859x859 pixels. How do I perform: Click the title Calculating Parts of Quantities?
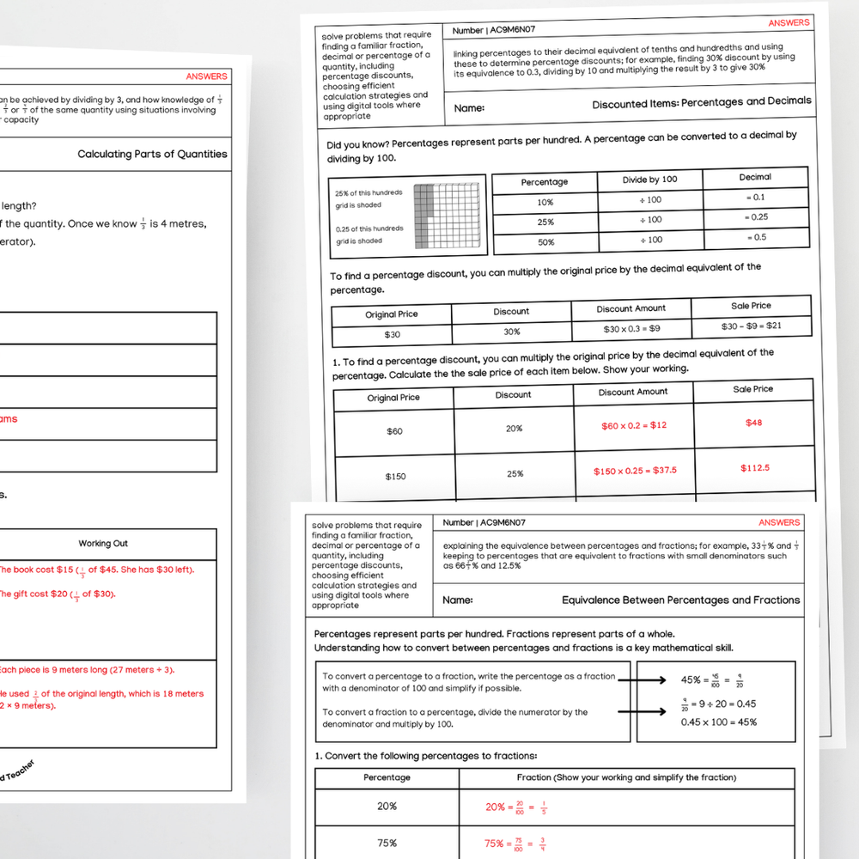pyautogui.click(x=152, y=155)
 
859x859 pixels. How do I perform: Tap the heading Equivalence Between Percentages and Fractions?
pyautogui.click(x=680, y=600)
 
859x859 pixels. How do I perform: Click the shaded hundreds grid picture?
pyautogui.click(x=445, y=216)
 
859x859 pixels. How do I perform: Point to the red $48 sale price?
pyautogui.click(x=752, y=423)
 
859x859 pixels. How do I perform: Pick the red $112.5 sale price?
pyautogui.click(x=754, y=468)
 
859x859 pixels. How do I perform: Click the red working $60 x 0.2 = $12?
pyautogui.click(x=634, y=425)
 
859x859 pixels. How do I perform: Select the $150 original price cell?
pyautogui.click(x=395, y=476)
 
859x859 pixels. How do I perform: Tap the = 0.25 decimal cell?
pyautogui.click(x=756, y=217)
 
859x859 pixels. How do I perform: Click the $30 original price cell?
pyautogui.click(x=392, y=335)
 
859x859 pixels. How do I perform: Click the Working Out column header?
pyautogui.click(x=103, y=544)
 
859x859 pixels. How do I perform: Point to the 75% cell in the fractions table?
pyautogui.click(x=387, y=843)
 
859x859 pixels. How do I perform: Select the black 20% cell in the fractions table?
pyautogui.click(x=387, y=807)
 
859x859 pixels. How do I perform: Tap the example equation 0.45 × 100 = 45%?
pyautogui.click(x=719, y=722)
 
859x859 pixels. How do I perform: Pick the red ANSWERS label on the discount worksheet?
pyautogui.click(x=789, y=23)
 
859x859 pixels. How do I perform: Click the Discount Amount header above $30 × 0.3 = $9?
pyautogui.click(x=631, y=308)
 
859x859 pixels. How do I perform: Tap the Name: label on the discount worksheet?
pyautogui.click(x=469, y=108)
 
